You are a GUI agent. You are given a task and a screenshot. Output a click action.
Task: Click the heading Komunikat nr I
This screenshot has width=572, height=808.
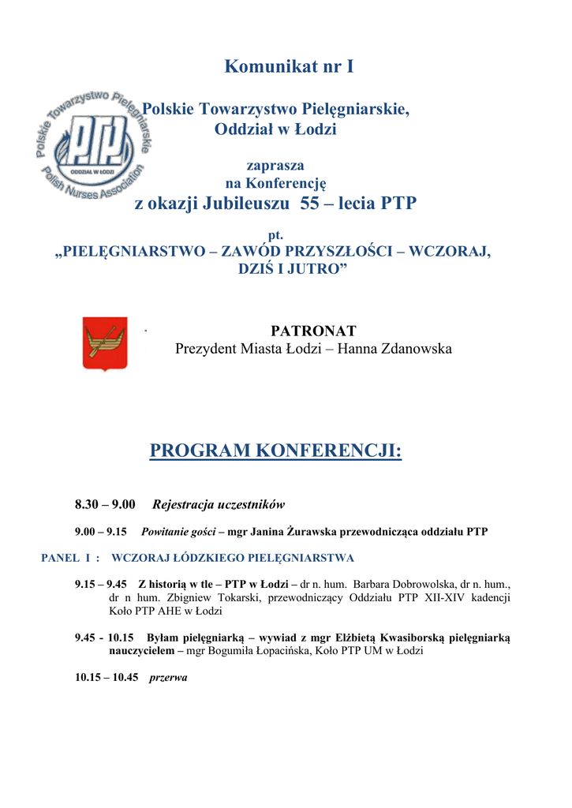pos(289,66)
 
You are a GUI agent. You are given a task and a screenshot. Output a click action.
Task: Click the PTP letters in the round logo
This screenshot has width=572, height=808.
pos(94,143)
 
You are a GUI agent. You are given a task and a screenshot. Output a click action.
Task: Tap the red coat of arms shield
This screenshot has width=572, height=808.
pos(105,343)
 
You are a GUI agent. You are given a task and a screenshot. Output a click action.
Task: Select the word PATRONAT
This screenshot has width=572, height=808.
pos(313,330)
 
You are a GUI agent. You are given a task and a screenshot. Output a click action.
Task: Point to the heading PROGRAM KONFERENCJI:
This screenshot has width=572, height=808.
pos(275,451)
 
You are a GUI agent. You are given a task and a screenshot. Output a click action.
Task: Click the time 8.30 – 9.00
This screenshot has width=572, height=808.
pos(105,504)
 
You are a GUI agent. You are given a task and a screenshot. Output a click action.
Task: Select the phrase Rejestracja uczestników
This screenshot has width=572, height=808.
pos(218,504)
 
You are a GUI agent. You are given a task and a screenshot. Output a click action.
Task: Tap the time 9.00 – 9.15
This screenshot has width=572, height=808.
pos(101,532)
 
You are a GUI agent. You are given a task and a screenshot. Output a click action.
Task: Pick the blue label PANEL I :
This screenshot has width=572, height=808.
pos(71,558)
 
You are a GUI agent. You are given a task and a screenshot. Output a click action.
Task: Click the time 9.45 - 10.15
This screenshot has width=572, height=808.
pos(104,638)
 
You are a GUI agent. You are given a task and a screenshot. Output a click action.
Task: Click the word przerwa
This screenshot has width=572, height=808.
pos(168,677)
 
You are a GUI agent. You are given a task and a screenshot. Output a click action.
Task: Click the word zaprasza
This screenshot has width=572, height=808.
pos(275,165)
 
